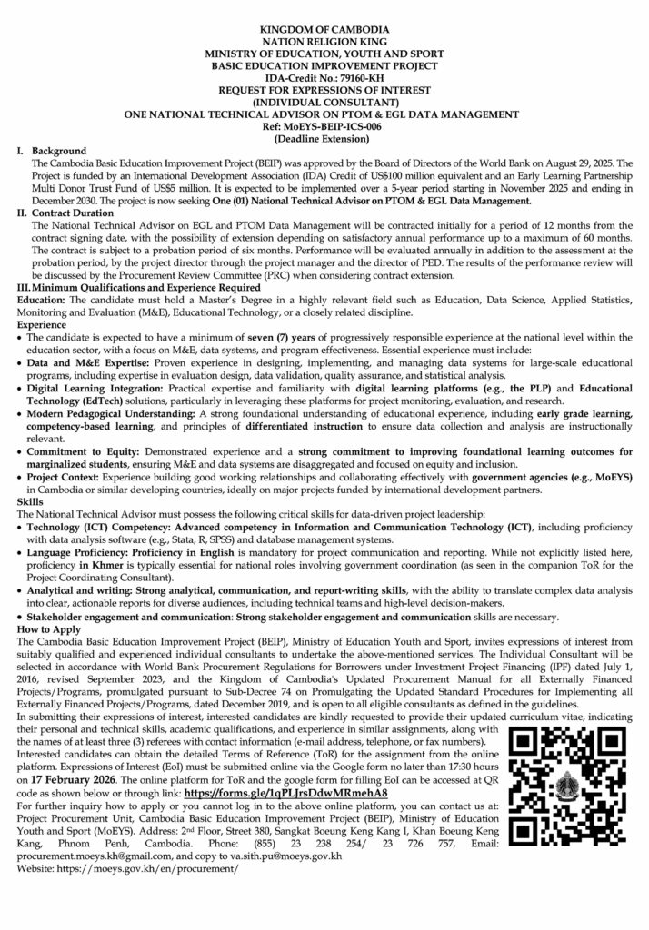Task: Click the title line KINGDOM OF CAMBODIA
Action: pyautogui.click(x=324, y=31)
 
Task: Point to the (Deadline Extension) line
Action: pyautogui.click(x=324, y=138)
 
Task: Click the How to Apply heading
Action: pyautogui.click(x=49, y=629)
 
